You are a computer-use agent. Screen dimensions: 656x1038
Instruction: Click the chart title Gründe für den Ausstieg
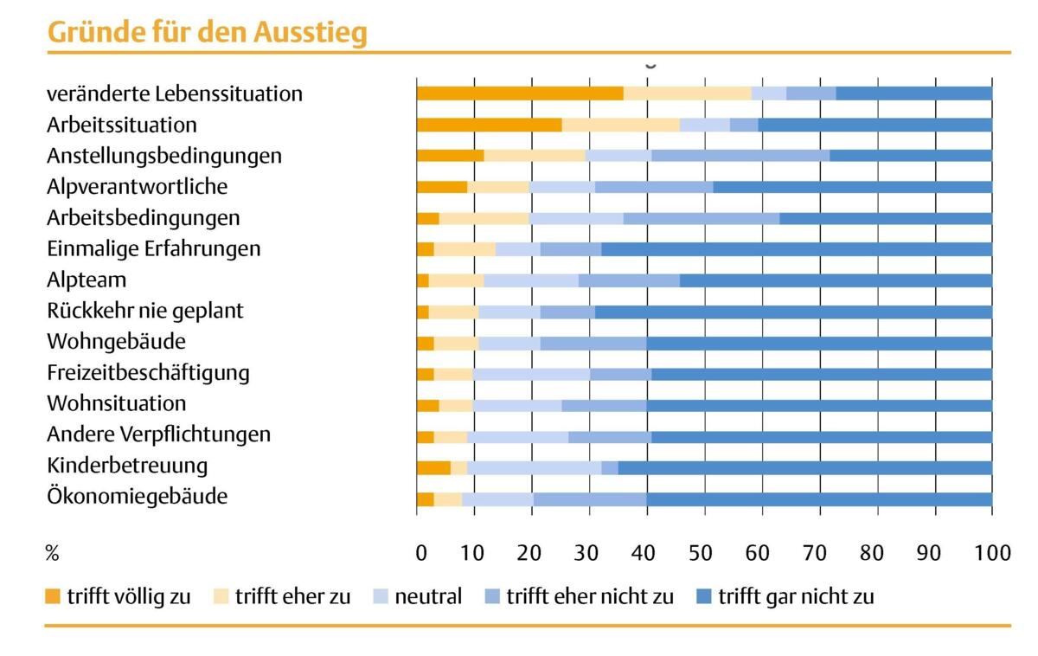pyautogui.click(x=207, y=31)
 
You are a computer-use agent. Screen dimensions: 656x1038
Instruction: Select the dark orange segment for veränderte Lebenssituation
pyautogui.click(x=519, y=93)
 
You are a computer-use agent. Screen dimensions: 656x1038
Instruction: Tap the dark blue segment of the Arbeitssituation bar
pyautogui.click(x=875, y=125)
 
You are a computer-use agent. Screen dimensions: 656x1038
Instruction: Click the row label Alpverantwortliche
pyautogui.click(x=138, y=186)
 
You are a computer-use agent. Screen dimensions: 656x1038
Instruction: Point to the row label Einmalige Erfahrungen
pyautogui.click(x=153, y=248)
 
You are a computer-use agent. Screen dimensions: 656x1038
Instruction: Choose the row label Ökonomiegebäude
pyautogui.click(x=137, y=497)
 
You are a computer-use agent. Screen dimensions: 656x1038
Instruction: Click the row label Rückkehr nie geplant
pyautogui.click(x=145, y=311)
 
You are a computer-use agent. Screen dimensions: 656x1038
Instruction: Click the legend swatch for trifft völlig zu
pyautogui.click(x=53, y=596)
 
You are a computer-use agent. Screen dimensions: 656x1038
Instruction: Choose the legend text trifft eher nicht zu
pyautogui.click(x=590, y=596)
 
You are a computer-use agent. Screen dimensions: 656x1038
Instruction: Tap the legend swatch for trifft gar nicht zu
pyautogui.click(x=703, y=596)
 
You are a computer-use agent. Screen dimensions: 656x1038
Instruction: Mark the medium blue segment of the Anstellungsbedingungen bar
pyautogui.click(x=740, y=156)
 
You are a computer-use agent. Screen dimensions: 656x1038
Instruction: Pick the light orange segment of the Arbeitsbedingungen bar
pyautogui.click(x=484, y=217)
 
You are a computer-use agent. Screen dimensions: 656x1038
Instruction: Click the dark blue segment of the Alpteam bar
pyautogui.click(x=835, y=280)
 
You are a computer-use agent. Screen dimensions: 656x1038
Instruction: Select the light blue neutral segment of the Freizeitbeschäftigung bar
pyautogui.click(x=531, y=373)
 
